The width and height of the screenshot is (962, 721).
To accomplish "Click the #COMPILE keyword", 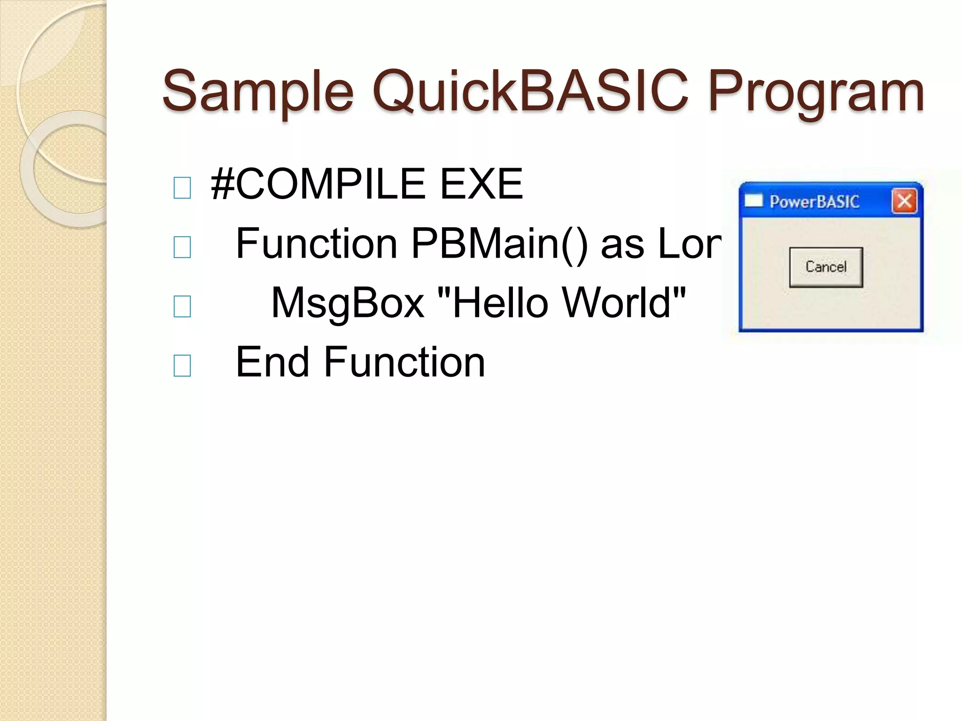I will click(x=318, y=184).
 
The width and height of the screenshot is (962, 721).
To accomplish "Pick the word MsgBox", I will click(x=348, y=303).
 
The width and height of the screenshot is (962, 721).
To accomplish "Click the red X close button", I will click(x=904, y=202).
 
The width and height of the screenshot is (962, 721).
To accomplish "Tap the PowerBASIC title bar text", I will click(x=815, y=202).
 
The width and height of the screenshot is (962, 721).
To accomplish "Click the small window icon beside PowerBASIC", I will click(x=753, y=201).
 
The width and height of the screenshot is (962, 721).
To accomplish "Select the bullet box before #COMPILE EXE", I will click(x=182, y=188).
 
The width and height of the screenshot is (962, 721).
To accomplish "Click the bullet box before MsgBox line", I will click(x=182, y=307).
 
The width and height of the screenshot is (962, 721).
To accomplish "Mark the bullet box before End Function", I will click(x=182, y=366).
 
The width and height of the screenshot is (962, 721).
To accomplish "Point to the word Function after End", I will click(x=404, y=362).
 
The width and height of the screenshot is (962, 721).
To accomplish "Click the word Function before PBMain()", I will click(x=317, y=243).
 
